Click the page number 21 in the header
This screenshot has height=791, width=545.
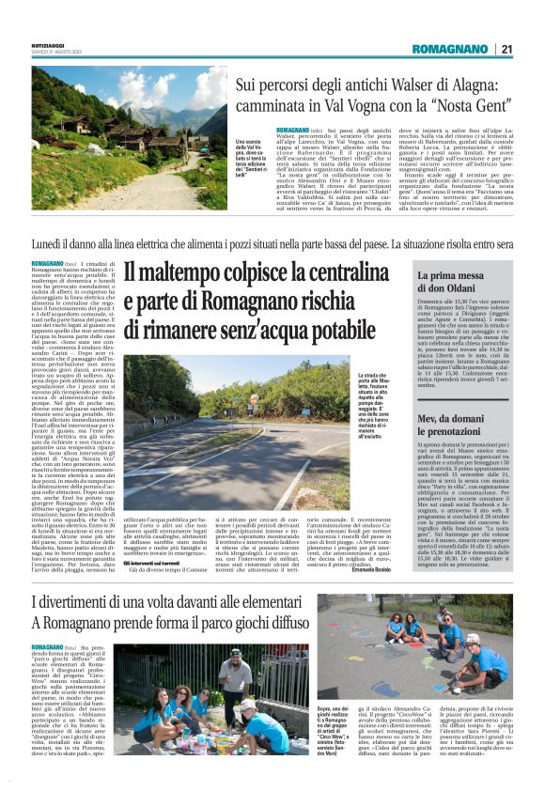coord(506,49)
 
